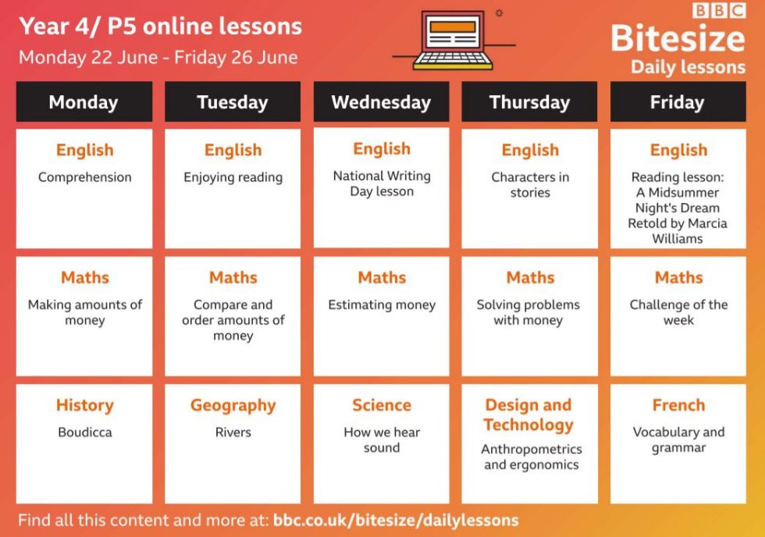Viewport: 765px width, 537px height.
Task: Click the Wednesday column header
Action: click(x=381, y=101)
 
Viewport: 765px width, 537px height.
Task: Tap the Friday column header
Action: click(x=678, y=101)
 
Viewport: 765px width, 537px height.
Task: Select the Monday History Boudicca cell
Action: click(x=84, y=443)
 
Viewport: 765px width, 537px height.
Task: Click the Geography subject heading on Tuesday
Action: click(x=233, y=406)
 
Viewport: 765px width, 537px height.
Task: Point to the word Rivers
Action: click(x=233, y=432)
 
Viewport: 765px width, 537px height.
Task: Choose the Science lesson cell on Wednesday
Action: click(x=381, y=443)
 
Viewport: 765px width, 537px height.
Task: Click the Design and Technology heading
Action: click(x=529, y=414)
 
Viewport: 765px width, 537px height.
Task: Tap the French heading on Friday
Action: click(x=678, y=405)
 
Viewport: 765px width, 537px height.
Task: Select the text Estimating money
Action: click(x=382, y=305)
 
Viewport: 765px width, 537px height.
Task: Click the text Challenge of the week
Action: click(x=678, y=312)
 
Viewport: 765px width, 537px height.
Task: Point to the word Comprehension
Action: click(x=85, y=177)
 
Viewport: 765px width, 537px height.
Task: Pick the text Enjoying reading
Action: click(x=233, y=177)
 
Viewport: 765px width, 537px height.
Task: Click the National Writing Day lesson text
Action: click(x=382, y=183)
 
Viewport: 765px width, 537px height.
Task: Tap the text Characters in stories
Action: click(x=530, y=184)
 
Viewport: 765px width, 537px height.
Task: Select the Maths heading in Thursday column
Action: click(x=530, y=278)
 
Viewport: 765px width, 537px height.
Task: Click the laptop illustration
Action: click(x=453, y=40)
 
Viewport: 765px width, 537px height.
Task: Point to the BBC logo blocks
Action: click(x=719, y=10)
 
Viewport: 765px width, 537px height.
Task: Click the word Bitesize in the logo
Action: click(x=678, y=38)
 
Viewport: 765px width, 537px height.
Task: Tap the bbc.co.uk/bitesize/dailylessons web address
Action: click(x=396, y=520)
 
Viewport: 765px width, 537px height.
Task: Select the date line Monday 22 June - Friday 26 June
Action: click(x=158, y=58)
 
